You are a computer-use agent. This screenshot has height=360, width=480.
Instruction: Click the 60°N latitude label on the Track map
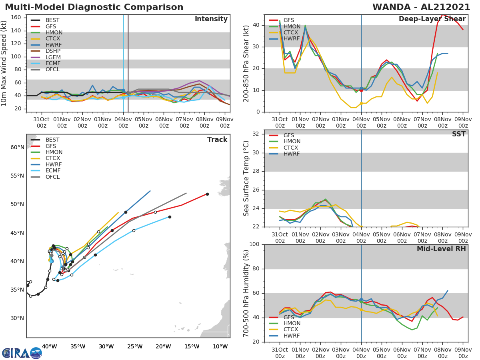(18, 147)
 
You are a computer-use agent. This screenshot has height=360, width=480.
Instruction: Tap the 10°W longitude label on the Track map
(220, 346)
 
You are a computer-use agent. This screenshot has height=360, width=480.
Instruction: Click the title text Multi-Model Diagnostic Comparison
(94, 7)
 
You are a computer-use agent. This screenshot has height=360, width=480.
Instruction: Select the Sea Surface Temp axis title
(246, 178)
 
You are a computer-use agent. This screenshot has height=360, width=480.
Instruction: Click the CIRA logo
(22, 353)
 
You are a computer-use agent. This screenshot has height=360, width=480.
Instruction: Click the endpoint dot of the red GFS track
(207, 194)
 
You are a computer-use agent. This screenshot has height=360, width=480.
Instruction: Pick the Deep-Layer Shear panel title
(432, 19)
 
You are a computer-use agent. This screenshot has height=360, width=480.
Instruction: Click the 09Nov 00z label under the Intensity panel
(225, 122)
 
